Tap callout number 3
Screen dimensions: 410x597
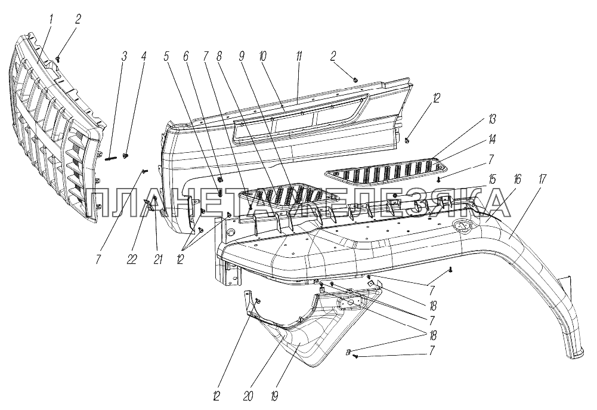coord(124,57)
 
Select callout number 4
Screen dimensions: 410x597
coord(143,57)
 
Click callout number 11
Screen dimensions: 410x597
coord(299,57)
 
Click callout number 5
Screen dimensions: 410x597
coord(167,57)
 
